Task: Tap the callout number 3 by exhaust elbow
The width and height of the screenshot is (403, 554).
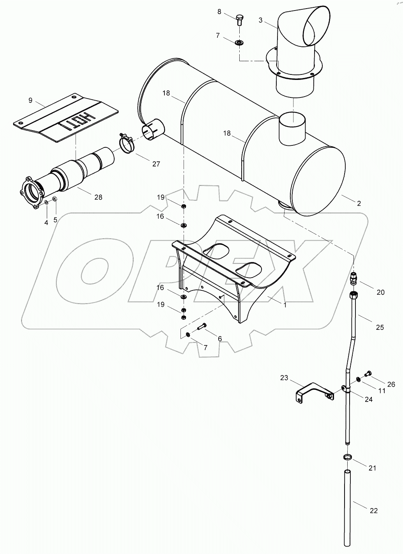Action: pyautogui.click(x=261, y=20)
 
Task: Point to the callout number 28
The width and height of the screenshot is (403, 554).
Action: pyautogui.click(x=98, y=197)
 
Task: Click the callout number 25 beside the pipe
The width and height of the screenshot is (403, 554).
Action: pyautogui.click(x=380, y=327)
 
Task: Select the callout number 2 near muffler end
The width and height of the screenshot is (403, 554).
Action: pyautogui.click(x=359, y=203)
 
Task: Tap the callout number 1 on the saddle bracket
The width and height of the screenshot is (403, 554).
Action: pyautogui.click(x=285, y=305)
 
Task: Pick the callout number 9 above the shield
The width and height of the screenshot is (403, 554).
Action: pyautogui.click(x=30, y=101)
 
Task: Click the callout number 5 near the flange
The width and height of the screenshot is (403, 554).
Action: pyautogui.click(x=55, y=219)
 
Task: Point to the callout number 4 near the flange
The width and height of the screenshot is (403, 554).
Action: pyautogui.click(x=46, y=223)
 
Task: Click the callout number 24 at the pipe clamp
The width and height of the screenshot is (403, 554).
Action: pyautogui.click(x=369, y=399)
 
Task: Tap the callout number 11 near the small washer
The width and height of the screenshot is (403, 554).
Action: pyautogui.click(x=382, y=390)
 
